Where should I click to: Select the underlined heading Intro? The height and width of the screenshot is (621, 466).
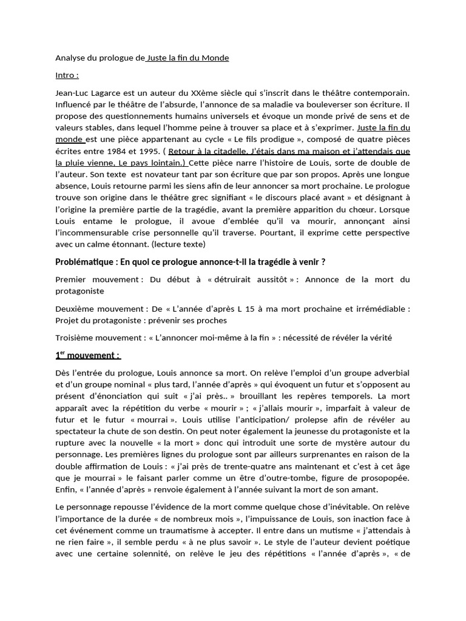click(x=67, y=75)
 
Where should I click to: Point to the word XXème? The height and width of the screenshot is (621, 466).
click(x=204, y=93)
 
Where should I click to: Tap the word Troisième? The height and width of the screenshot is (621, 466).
click(x=75, y=338)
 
